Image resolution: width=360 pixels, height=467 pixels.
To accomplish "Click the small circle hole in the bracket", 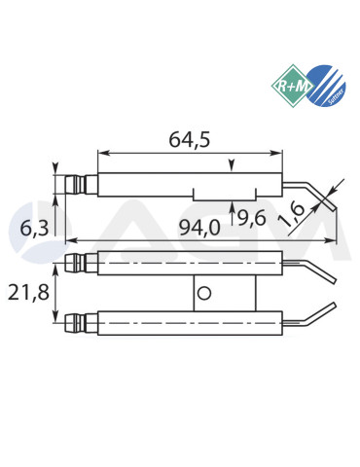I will tap(203, 292).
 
